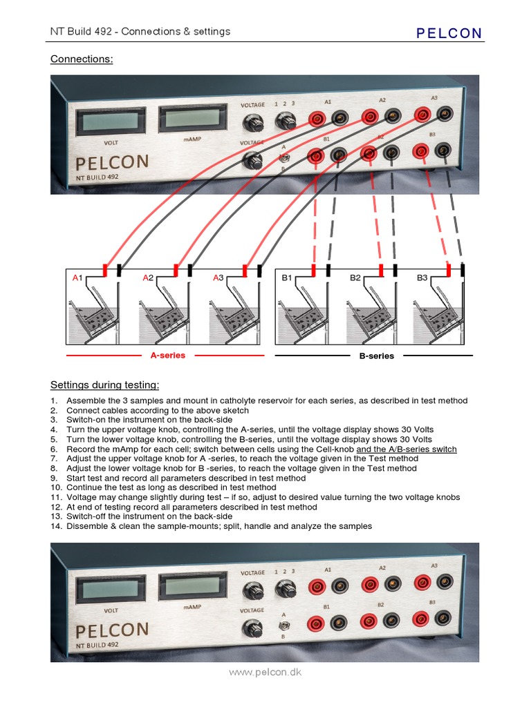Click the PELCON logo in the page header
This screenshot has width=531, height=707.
click(x=449, y=32)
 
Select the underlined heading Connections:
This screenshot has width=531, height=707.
click(x=81, y=59)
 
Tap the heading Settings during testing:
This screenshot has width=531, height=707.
click(x=104, y=385)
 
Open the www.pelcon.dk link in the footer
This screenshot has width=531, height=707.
click(x=265, y=672)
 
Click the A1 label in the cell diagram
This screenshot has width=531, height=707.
click(x=77, y=278)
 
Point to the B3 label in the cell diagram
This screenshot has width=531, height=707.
click(x=422, y=278)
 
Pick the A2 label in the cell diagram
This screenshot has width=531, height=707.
click(x=147, y=278)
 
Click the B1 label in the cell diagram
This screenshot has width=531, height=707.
click(x=287, y=278)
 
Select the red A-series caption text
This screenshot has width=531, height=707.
click(x=168, y=356)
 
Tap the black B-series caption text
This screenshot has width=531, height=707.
click(x=376, y=356)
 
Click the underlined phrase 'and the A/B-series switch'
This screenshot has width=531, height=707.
click(x=406, y=449)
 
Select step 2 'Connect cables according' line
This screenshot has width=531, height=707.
click(x=157, y=410)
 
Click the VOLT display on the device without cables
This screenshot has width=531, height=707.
click(x=110, y=589)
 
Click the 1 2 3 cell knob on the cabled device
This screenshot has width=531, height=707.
click(x=283, y=122)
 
